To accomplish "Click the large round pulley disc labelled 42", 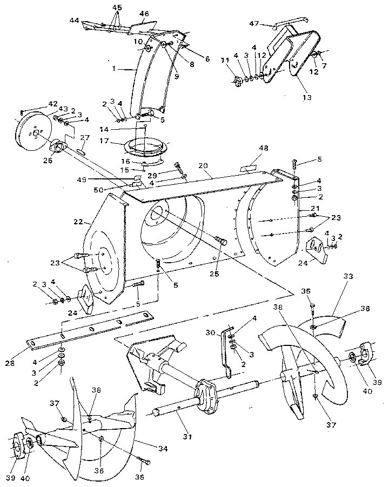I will pos(33,131).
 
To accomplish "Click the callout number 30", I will pos(212,332).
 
